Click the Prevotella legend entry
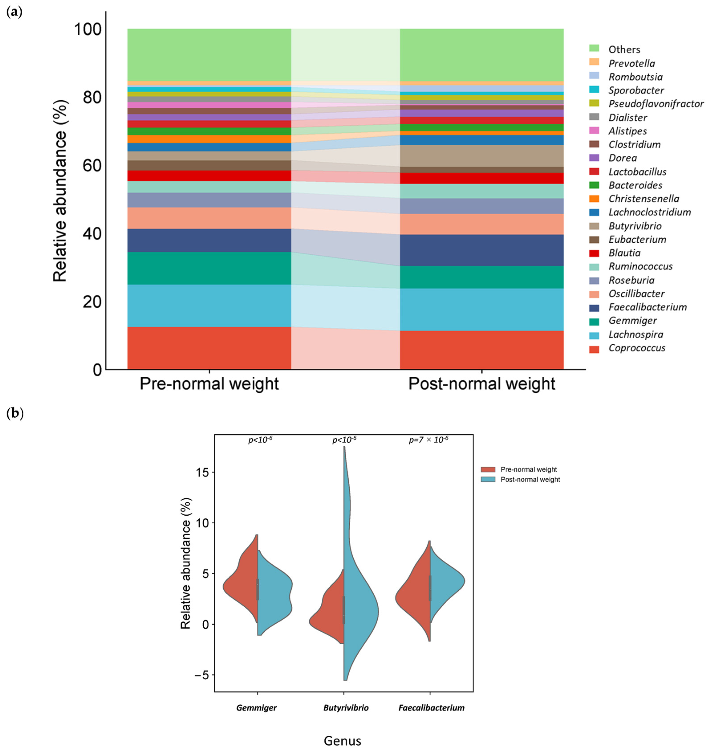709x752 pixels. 632,63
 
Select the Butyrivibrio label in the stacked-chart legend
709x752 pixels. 635,226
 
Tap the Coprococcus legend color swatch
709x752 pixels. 594,348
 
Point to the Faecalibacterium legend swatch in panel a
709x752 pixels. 594,307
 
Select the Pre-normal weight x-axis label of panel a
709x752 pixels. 209,384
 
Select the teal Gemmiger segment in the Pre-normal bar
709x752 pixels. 209,268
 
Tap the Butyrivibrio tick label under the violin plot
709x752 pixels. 346,707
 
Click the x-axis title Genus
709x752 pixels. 342,740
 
